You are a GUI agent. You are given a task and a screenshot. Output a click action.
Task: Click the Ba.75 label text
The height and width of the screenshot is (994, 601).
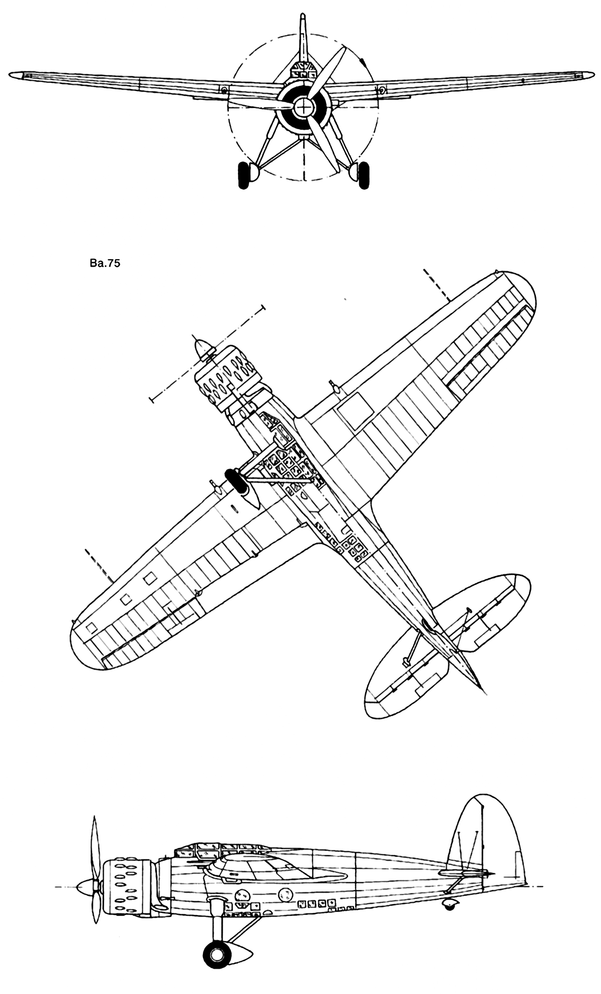coord(104,264)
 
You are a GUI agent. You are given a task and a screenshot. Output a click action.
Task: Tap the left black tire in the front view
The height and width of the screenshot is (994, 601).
coord(243,176)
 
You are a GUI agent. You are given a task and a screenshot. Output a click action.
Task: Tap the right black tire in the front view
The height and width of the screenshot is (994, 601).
coord(364,176)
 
